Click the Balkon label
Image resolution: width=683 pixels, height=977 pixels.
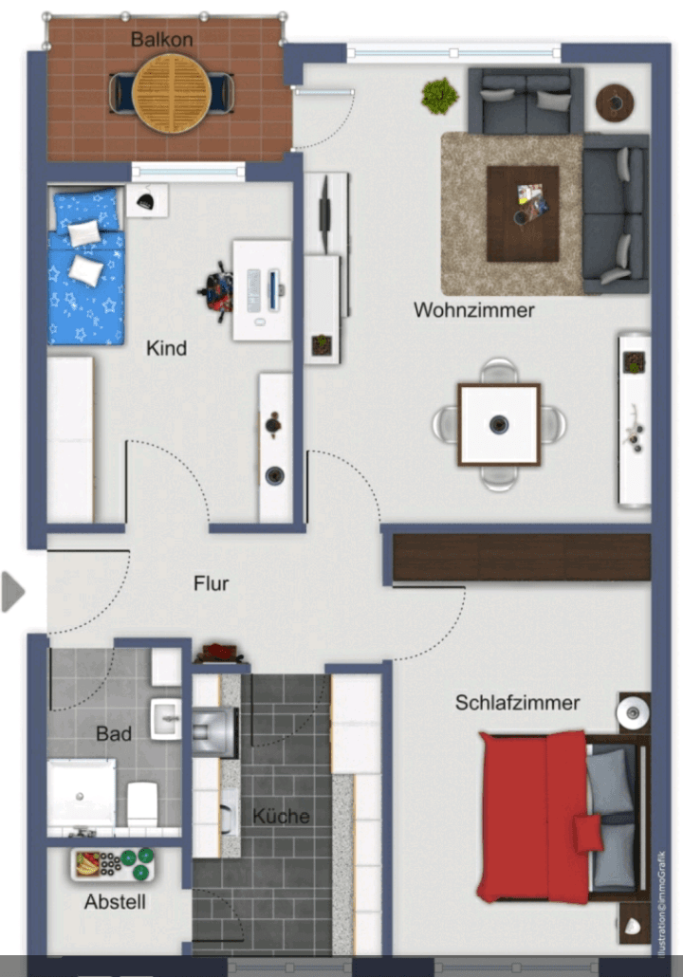(x=162, y=40)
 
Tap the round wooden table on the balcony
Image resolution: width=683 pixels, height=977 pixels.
(x=171, y=91)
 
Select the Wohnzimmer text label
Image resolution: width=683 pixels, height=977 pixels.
(x=473, y=310)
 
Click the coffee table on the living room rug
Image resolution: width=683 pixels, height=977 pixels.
(x=522, y=213)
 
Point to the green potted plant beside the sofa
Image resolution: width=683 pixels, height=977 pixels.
(x=439, y=95)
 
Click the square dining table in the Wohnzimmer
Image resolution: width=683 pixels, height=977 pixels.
(x=499, y=424)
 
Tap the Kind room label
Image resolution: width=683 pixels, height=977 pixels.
(x=166, y=348)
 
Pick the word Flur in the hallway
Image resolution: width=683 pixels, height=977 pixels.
(x=211, y=583)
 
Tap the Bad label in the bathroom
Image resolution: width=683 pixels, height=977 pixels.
(x=114, y=734)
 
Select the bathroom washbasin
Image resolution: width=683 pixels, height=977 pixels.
(x=166, y=719)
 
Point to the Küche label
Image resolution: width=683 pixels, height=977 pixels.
(x=281, y=816)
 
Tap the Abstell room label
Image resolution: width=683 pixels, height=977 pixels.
(x=115, y=902)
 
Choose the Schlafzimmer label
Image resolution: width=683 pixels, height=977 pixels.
(x=517, y=703)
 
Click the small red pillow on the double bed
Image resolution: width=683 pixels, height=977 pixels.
(x=587, y=833)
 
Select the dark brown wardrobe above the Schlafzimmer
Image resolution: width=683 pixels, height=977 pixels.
(x=522, y=557)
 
